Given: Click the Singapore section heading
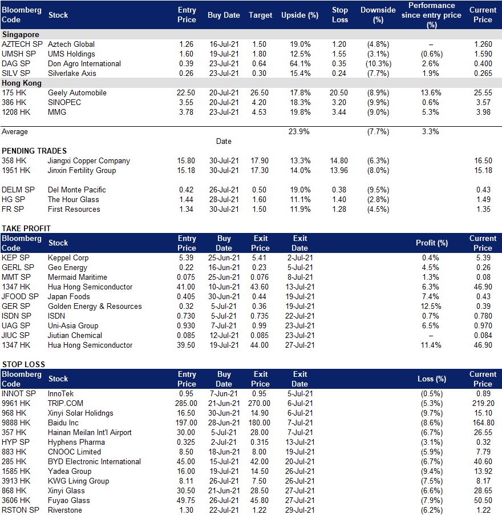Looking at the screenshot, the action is pos(21,34).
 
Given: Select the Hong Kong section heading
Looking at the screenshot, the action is pos(22,83).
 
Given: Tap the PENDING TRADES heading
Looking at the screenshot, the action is pos(34,151).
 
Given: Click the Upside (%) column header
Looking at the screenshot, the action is pos(300,15).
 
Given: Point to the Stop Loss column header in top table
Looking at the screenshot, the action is pos(340,15).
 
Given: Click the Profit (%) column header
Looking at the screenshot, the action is pos(432,243).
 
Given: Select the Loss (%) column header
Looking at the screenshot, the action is pos(432,379).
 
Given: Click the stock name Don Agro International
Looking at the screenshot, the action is pos(84,64).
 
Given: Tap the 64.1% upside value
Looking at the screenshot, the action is pos(300,64).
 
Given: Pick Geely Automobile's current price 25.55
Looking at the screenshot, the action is pos(483,93).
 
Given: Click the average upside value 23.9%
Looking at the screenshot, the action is pos(299,132).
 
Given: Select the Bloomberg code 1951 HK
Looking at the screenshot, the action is pos(16,171).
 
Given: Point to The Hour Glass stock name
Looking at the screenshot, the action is pos(73,200).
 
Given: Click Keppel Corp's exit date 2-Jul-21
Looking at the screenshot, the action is pos(300,258).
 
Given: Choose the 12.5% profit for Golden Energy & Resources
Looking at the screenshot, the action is pos(431,307).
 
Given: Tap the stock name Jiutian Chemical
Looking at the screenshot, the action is pos(75,335).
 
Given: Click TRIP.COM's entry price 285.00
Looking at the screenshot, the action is pos(186,403).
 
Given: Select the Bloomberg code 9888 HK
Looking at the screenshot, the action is pos(16,423).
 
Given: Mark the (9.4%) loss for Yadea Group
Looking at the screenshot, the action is pos(432,471).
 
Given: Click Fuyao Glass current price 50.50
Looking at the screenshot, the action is pos(483,501).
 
